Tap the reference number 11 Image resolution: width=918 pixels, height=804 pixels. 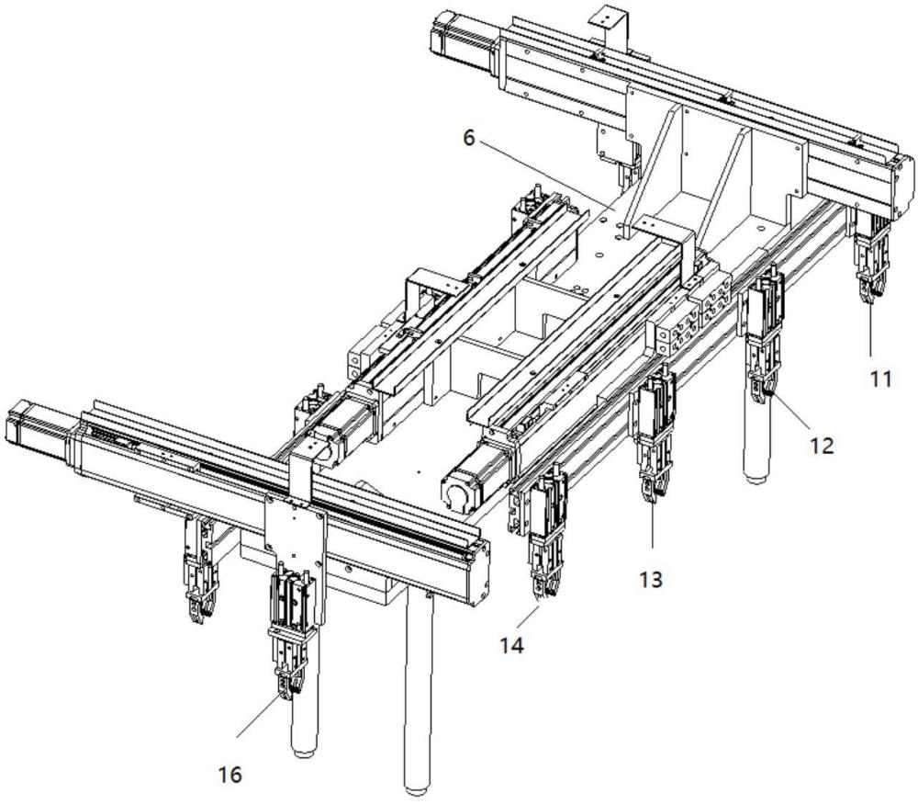click(x=881, y=378)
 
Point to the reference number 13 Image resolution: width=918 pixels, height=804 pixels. click(x=650, y=580)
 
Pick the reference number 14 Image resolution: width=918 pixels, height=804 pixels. click(x=512, y=646)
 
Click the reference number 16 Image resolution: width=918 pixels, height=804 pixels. click(x=230, y=775)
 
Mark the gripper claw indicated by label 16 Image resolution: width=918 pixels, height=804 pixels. click(x=289, y=687)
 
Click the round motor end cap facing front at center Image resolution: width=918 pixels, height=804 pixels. click(x=456, y=496)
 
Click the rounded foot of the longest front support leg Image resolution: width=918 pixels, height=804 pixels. click(x=416, y=787)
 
